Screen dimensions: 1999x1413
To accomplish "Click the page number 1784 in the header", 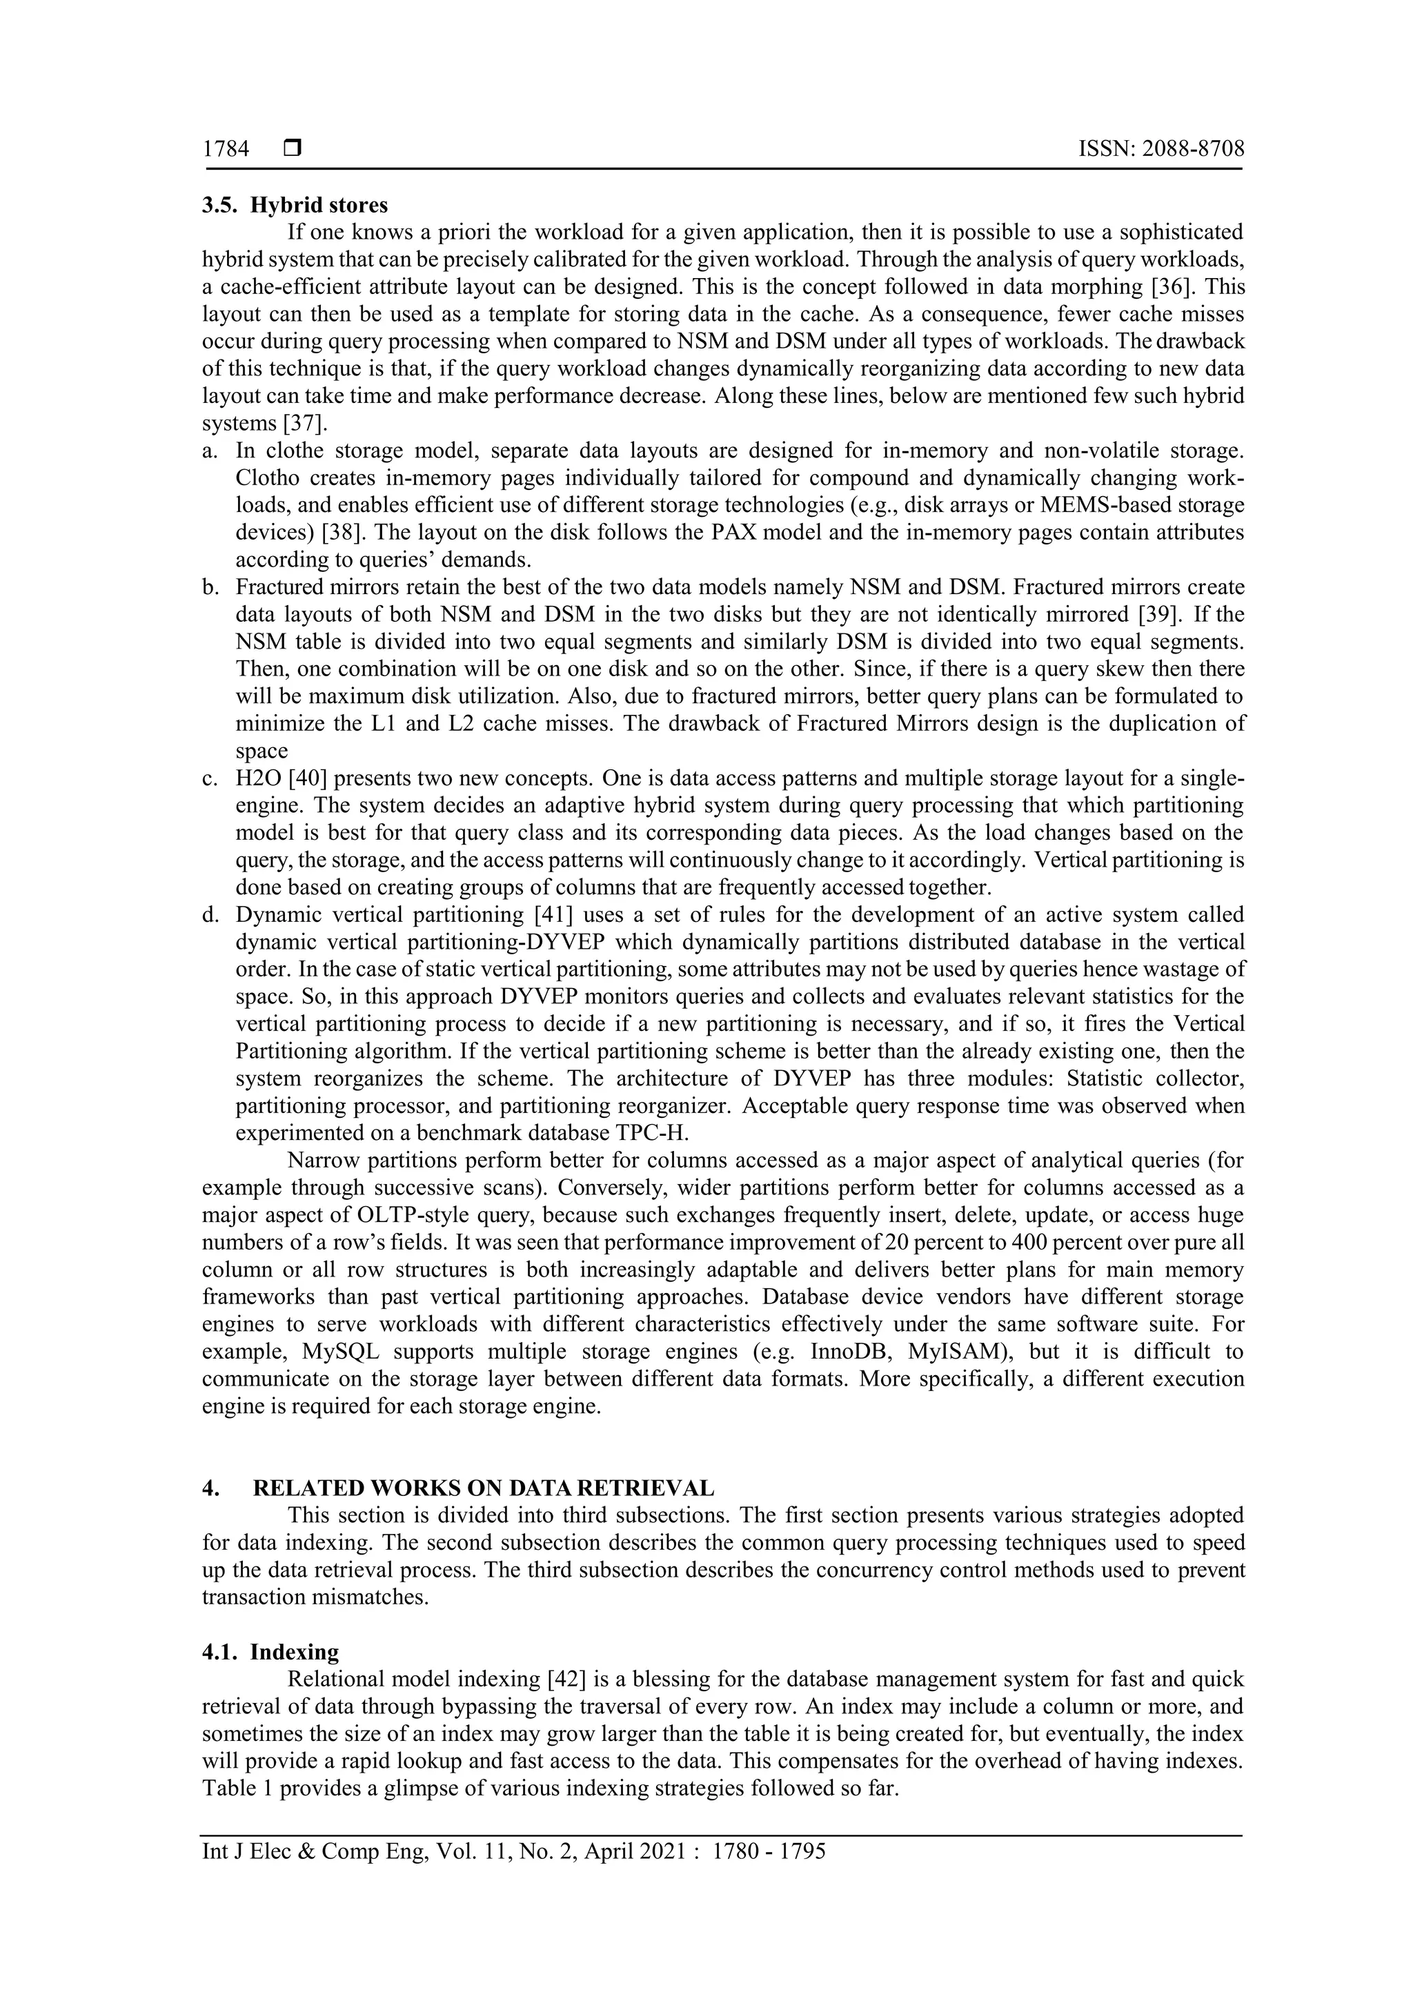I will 226,150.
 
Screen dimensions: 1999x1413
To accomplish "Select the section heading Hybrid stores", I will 319,206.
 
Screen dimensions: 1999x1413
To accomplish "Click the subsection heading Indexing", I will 295,1652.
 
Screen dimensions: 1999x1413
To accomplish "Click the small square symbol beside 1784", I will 292,150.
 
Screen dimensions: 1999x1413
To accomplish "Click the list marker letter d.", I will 209,915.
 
